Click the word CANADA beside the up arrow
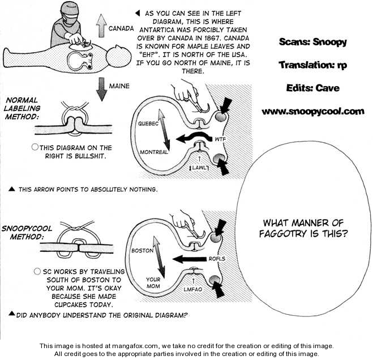(x=121, y=27)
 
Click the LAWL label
(x=200, y=168)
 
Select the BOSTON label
(x=143, y=250)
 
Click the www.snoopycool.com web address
(x=312, y=112)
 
